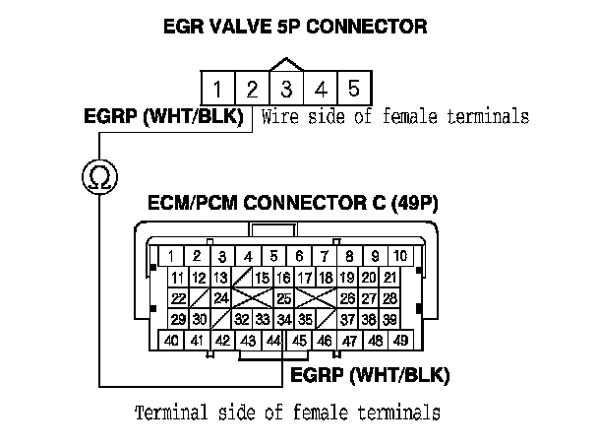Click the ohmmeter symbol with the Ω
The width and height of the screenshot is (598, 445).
[98, 177]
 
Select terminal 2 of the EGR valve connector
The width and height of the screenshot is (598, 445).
[251, 88]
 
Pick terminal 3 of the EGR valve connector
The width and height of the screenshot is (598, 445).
[285, 88]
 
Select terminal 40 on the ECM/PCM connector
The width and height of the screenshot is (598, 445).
[171, 341]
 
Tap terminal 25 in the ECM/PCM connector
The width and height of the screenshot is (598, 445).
[283, 298]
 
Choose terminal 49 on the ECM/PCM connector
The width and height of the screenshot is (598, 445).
[400, 341]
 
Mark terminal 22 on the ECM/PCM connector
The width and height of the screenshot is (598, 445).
[179, 298]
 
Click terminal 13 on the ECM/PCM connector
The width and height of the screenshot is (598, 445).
[220, 279]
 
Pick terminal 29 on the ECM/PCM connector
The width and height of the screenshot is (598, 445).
[179, 319]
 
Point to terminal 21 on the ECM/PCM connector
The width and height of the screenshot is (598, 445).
[389, 279]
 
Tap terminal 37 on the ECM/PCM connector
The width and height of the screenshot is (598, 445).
[347, 319]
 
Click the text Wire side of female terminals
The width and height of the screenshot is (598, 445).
[395, 117]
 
